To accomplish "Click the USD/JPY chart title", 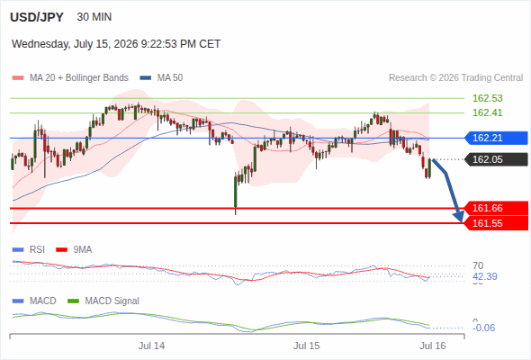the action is (x=37, y=17).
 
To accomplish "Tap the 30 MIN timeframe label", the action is (x=94, y=17).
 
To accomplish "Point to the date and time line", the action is (x=116, y=44).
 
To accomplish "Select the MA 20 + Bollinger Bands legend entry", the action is (x=70, y=78).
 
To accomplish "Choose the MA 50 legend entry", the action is (x=161, y=78).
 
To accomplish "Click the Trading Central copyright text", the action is (x=455, y=78).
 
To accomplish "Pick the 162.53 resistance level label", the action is (x=487, y=98).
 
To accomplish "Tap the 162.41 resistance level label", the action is (x=487, y=112).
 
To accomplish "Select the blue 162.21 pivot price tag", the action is (x=496, y=139).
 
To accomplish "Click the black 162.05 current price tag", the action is (x=496, y=159).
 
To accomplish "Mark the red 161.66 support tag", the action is (x=496, y=208).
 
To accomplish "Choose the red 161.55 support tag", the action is (x=496, y=223).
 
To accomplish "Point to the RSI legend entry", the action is (x=29, y=250).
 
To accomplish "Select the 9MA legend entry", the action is (x=74, y=250).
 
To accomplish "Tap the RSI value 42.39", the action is (x=484, y=276).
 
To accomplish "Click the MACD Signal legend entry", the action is (x=103, y=301).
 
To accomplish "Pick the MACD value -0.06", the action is (x=483, y=328).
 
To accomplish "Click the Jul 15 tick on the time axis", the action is (x=307, y=346).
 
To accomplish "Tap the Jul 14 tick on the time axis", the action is (x=151, y=346).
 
